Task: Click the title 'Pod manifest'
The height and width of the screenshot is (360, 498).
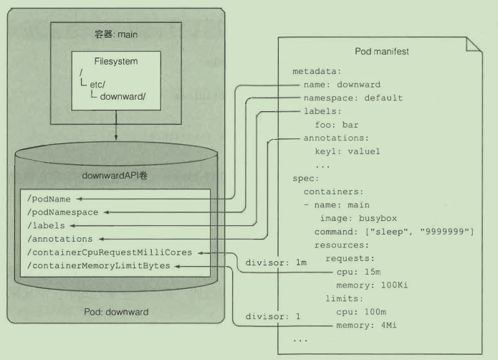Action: (382, 52)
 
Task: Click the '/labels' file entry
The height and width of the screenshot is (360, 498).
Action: (45, 225)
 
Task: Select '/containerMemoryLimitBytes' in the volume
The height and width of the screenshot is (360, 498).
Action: (98, 265)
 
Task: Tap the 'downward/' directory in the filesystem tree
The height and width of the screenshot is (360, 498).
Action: (123, 96)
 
